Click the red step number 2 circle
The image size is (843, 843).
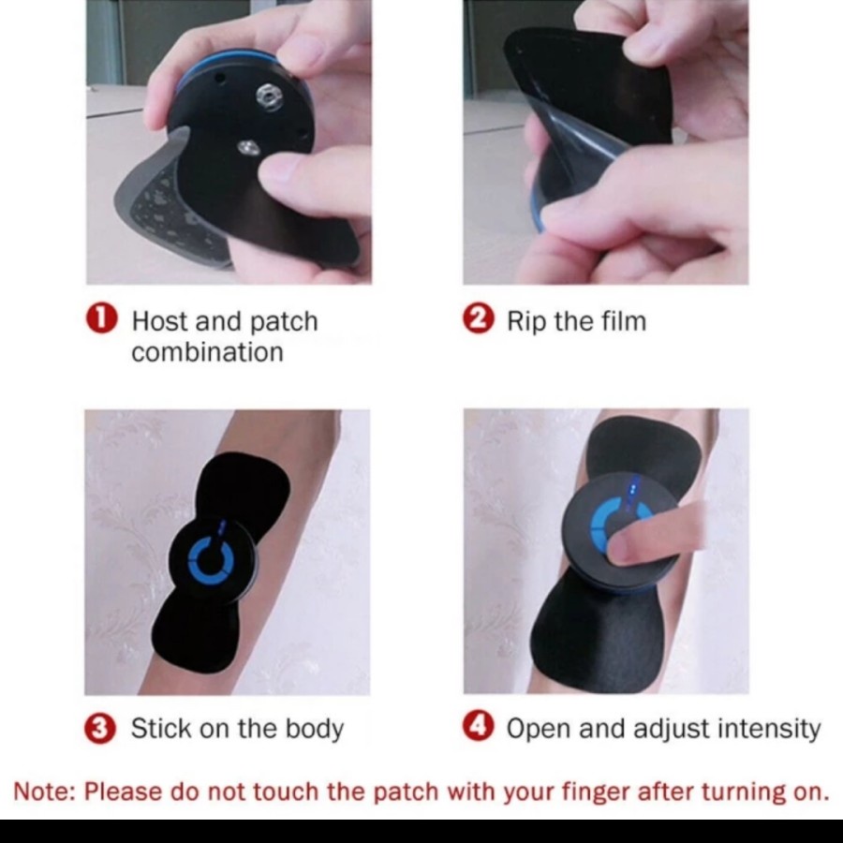[478, 319]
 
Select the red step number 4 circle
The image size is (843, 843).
[479, 727]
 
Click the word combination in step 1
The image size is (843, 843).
[206, 353]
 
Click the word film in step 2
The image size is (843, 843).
[621, 321]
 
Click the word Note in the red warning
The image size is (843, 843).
[41, 791]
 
